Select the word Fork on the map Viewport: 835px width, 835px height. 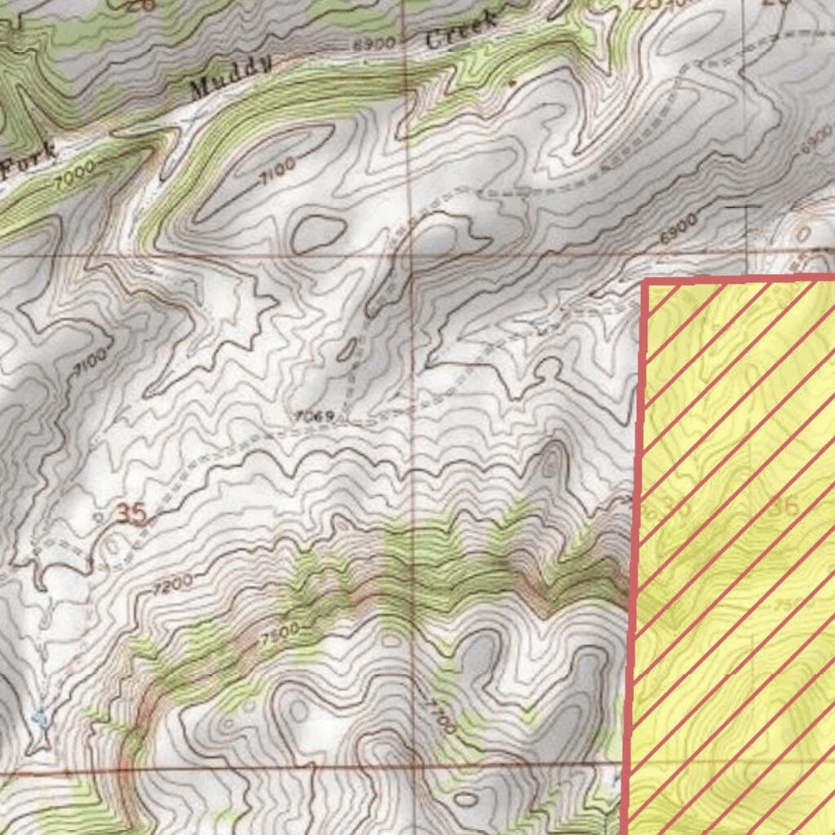click(x=29, y=159)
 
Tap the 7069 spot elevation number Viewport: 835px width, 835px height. click(x=315, y=417)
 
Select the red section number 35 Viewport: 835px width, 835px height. click(x=130, y=514)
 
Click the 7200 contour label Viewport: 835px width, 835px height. click(x=172, y=582)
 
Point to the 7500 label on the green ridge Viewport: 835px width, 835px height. click(x=281, y=635)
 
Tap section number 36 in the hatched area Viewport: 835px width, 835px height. click(x=784, y=506)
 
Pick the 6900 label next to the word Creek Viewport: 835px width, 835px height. click(x=374, y=43)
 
